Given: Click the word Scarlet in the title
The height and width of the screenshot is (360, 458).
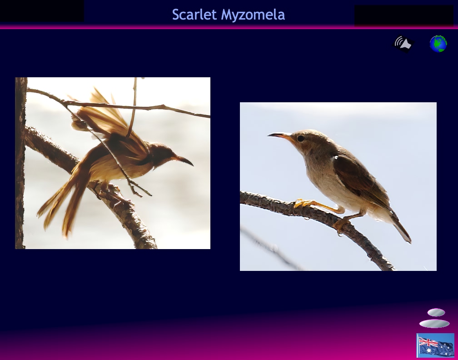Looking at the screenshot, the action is click(194, 15).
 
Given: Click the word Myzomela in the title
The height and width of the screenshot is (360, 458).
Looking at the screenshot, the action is click(253, 15).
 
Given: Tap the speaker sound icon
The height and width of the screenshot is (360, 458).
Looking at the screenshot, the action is click(403, 44).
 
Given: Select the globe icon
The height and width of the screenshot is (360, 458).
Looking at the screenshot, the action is click(438, 44).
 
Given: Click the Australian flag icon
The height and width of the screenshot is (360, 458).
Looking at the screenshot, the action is click(435, 345).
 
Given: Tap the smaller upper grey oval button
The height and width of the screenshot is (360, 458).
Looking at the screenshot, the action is click(436, 312).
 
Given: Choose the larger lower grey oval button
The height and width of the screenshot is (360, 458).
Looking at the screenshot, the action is click(434, 324).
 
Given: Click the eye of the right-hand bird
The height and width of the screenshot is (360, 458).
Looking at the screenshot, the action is click(301, 139).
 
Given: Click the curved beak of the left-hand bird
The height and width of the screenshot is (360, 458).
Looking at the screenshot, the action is click(184, 160).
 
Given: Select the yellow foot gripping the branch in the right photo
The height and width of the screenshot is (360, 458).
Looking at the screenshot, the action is click(304, 203).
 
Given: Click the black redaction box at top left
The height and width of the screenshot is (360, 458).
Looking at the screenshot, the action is click(42, 11).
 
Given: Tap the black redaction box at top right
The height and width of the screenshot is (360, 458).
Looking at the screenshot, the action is click(404, 15).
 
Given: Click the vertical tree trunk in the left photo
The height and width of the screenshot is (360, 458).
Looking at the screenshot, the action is click(20, 163).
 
